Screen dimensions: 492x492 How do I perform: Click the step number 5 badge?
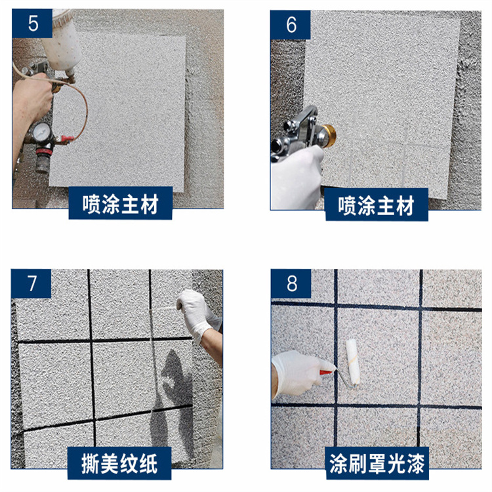point(32,23)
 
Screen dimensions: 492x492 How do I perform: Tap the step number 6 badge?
point(291,25)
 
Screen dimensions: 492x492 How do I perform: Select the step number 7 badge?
point(31,283)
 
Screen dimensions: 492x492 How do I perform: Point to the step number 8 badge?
point(291,283)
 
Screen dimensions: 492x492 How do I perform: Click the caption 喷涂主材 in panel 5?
point(121,203)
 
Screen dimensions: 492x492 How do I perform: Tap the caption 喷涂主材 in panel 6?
point(377,205)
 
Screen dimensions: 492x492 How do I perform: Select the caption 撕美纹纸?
point(119,463)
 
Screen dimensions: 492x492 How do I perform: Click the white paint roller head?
point(353,361)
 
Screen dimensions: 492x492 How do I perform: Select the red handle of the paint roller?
point(326,373)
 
